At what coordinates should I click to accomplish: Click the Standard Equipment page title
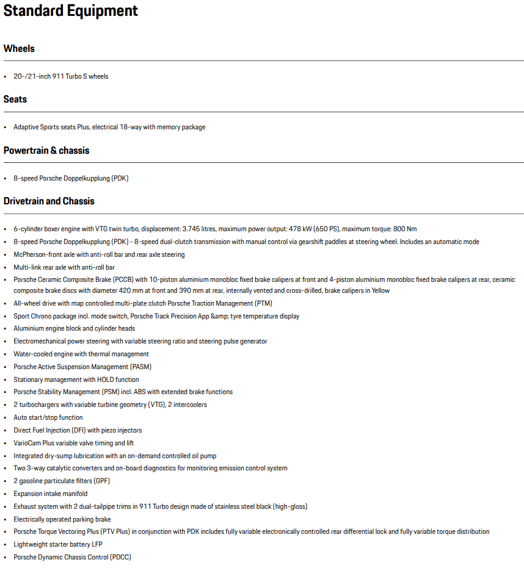71,11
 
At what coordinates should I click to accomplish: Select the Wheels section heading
19,49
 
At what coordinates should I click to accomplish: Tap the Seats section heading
15,99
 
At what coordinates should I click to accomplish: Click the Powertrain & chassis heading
46,151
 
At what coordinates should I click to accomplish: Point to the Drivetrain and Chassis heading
49,201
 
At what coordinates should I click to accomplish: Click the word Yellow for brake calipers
380,290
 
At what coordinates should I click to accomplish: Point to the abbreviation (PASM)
140,367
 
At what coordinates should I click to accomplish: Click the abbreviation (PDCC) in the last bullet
120,557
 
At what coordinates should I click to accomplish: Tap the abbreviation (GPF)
101,481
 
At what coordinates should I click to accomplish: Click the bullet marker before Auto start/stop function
5,418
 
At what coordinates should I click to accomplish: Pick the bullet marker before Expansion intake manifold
5,494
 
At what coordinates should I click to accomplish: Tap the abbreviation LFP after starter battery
96,544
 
